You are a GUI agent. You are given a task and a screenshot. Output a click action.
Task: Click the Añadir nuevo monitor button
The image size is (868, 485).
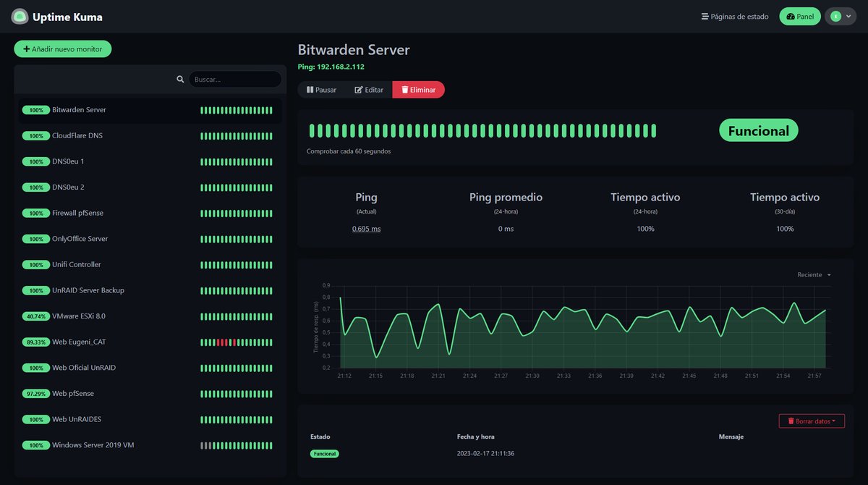click(63, 49)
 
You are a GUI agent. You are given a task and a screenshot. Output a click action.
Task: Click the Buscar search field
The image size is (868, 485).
click(235, 80)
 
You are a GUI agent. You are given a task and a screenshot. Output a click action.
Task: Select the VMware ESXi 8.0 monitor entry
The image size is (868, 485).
click(78, 316)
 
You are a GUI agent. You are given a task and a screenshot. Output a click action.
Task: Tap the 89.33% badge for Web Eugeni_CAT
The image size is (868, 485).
click(35, 342)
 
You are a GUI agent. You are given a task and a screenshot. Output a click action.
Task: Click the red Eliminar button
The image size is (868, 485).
click(418, 90)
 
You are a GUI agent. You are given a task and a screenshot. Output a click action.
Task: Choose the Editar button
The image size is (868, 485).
click(369, 90)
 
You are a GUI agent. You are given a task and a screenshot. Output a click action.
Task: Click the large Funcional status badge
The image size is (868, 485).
click(758, 131)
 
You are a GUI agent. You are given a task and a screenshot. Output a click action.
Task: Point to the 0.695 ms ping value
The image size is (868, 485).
click(366, 229)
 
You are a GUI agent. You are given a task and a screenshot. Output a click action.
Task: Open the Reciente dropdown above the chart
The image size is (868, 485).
click(814, 275)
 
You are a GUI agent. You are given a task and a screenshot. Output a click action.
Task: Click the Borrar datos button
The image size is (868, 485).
click(811, 421)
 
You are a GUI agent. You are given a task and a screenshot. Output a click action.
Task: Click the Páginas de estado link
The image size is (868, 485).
click(734, 17)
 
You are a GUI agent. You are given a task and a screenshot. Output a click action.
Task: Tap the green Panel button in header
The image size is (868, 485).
click(799, 17)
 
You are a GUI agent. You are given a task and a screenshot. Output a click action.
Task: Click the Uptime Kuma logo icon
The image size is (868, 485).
click(20, 17)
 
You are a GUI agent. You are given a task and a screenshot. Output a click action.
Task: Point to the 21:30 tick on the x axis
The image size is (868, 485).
click(532, 376)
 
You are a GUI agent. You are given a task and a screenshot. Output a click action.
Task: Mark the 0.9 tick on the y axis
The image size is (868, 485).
click(326, 285)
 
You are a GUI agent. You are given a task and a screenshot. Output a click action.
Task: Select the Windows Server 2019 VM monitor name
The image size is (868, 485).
click(93, 445)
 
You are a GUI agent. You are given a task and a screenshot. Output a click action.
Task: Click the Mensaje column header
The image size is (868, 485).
click(731, 437)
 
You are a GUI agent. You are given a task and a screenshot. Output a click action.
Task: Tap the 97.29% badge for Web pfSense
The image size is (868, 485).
click(35, 394)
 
